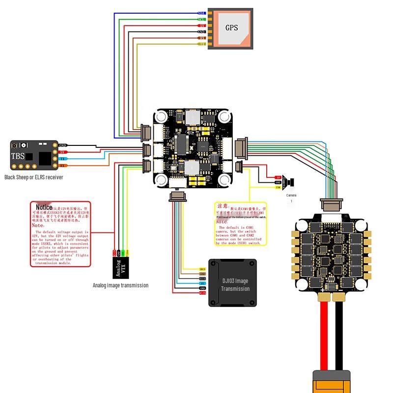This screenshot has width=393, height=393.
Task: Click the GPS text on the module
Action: [231, 28]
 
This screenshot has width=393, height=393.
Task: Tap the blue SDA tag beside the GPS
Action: [201, 13]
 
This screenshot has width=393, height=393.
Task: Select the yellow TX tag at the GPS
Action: [201, 44]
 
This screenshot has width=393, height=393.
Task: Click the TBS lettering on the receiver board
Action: [17, 157]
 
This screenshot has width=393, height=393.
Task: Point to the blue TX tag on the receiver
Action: [62, 159]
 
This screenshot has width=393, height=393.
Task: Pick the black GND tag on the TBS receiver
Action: [62, 146]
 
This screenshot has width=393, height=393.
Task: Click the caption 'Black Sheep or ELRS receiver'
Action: [33, 177]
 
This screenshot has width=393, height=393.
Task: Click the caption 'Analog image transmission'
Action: [120, 285]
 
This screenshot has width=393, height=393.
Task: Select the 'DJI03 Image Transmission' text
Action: [235, 285]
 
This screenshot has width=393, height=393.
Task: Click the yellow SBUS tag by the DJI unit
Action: [202, 269]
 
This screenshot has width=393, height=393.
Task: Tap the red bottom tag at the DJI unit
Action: [202, 293]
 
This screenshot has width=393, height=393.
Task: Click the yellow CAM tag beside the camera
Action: [278, 188]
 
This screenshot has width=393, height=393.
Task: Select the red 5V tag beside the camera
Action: [278, 177]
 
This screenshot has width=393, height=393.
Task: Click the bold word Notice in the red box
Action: [44, 208]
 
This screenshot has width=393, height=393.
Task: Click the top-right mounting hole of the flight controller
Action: [225, 117]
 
